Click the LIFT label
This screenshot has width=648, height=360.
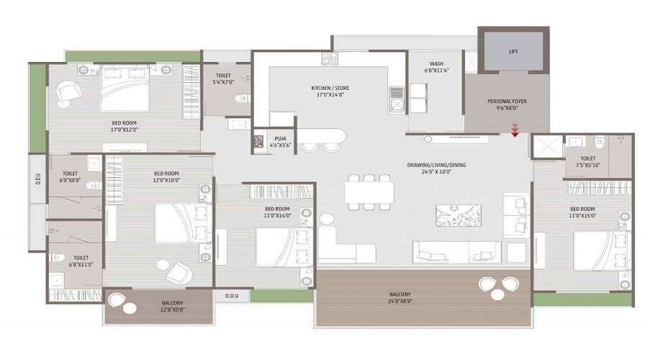pos(513,52)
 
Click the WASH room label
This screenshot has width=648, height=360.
pos(436,67)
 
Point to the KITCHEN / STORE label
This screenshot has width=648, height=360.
pos(328,89)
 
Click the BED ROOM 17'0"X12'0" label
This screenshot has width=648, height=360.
pos(124,127)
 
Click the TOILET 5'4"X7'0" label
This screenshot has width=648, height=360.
pos(225,79)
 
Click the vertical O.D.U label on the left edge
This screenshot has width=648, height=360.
pos(37,179)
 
